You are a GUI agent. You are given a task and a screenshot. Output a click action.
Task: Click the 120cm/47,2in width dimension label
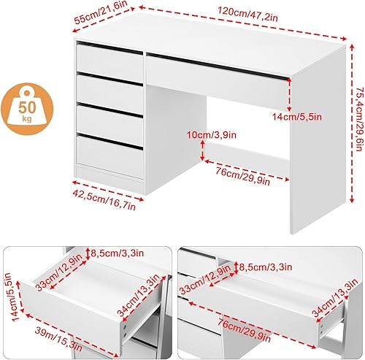[247, 15]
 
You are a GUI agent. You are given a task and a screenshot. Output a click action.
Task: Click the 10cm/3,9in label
[212, 134]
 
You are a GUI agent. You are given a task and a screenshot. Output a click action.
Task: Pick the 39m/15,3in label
[59, 339]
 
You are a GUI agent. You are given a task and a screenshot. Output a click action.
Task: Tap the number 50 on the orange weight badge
[27, 107]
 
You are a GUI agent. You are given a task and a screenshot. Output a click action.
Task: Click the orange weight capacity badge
[27, 109]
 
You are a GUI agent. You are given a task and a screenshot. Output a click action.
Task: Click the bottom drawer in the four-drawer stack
[109, 154]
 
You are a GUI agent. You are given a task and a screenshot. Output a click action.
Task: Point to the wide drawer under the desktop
[218, 83]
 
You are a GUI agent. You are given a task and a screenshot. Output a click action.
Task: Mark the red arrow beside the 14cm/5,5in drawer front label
[289, 94]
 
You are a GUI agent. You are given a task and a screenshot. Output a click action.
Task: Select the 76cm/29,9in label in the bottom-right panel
[244, 331]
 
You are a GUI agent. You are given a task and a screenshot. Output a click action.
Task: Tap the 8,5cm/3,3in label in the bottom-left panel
[118, 253]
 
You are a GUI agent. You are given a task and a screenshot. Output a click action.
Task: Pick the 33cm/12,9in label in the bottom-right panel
[205, 279]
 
